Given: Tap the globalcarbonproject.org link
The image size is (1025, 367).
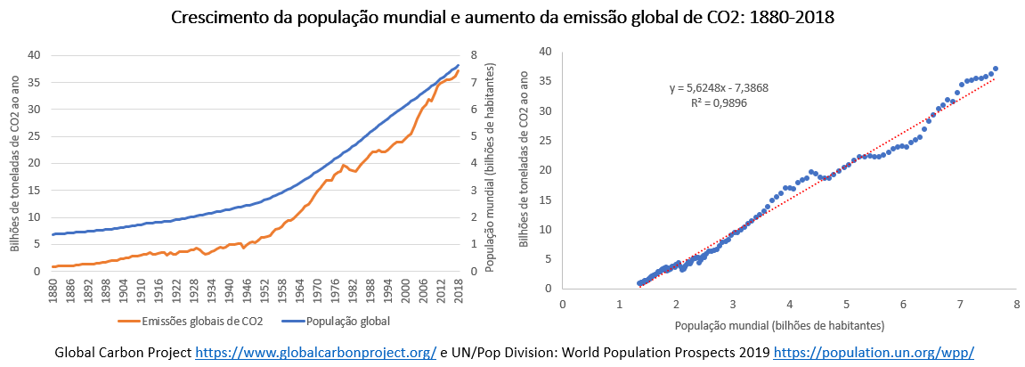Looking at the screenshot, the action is [316, 353].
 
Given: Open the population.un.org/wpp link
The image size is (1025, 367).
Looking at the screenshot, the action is [874, 353].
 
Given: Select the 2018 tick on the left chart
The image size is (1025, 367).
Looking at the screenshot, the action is [458, 289].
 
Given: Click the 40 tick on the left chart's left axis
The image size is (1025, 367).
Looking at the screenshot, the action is [33, 55].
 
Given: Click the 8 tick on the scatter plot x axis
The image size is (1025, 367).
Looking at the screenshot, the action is [1016, 304].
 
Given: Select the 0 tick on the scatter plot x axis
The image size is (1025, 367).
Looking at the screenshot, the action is [562, 304].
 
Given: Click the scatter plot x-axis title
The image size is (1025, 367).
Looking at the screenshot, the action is [789, 324].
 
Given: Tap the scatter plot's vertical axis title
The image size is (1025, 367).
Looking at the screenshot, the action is [523, 169].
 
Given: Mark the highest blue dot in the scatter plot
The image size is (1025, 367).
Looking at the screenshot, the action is [995, 68].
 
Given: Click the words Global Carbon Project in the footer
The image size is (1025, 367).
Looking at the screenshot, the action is [123, 353].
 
